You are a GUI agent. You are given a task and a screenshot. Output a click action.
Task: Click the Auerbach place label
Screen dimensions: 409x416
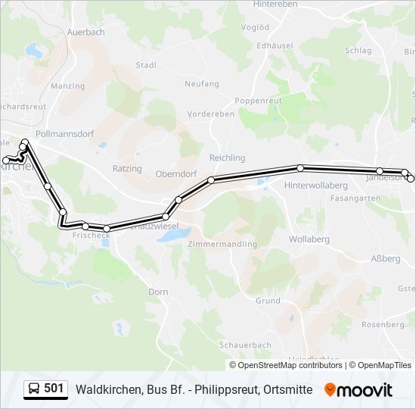pyautogui.click(x=85, y=33)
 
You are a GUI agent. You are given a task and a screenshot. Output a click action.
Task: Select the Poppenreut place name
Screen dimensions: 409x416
pyautogui.click(x=257, y=101)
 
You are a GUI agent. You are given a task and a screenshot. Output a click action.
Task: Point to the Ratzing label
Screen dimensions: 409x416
pyautogui.click(x=126, y=168)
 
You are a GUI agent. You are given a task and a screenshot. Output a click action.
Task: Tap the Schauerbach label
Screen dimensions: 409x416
pyautogui.click(x=244, y=345)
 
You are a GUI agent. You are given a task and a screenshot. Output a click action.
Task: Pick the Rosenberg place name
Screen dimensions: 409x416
pyautogui.click(x=383, y=324)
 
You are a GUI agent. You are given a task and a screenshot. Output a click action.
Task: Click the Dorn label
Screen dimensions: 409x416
pyautogui.click(x=158, y=292)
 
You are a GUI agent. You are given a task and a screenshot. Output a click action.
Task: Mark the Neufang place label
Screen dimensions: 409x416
pyautogui.click(x=201, y=84)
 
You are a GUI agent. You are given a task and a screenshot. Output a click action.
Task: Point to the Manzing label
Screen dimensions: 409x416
pyautogui.click(x=68, y=86)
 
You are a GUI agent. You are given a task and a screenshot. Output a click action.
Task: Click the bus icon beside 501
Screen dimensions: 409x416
pyautogui.click(x=34, y=389)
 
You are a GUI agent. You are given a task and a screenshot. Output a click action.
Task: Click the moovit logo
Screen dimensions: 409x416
pyautogui.click(x=359, y=390)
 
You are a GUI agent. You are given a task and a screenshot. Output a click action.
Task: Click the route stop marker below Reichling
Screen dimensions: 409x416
pyautogui.click(x=211, y=180)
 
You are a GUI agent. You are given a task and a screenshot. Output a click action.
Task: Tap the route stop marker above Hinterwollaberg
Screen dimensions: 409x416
pyautogui.click(x=300, y=168)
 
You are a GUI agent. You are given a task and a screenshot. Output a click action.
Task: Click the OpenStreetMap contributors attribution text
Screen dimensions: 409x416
pyautogui.click(x=290, y=365)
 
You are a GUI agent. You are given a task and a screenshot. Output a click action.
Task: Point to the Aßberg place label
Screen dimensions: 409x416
pyautogui.click(x=386, y=258)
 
